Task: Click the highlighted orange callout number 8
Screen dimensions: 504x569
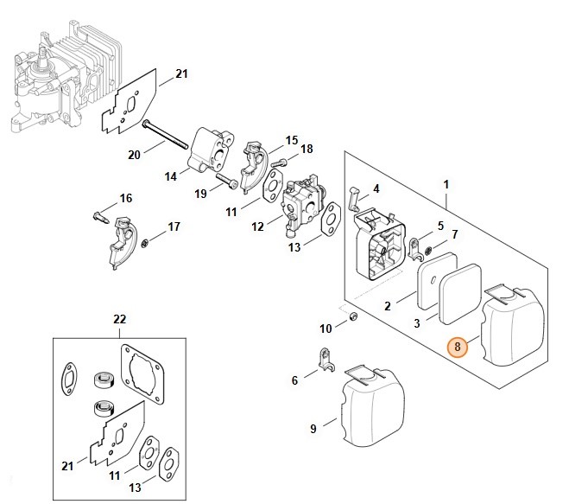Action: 458,348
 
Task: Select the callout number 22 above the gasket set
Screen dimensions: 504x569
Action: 119,322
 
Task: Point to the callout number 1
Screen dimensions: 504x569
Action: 446,183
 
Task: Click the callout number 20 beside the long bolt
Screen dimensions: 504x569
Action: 134,156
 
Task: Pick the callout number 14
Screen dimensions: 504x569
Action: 171,176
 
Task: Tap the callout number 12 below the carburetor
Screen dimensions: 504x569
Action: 257,226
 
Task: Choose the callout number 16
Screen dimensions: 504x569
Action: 126,198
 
